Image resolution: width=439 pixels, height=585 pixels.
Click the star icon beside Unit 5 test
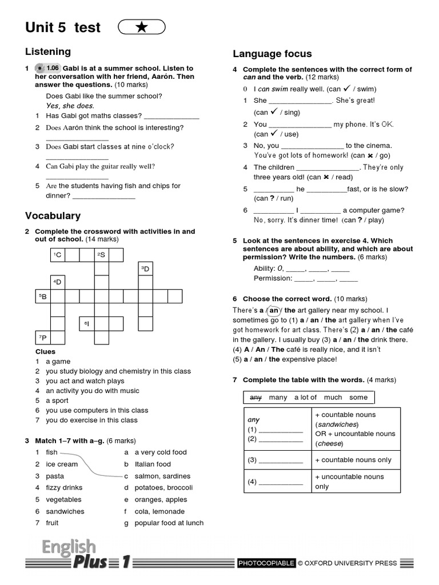(142, 27)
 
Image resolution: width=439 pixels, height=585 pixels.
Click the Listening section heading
(48, 51)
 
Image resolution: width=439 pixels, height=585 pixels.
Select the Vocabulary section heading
(53, 216)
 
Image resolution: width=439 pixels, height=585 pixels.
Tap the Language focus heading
(272, 54)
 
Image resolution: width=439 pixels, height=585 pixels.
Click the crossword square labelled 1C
(58, 254)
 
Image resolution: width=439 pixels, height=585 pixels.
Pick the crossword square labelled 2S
(101, 254)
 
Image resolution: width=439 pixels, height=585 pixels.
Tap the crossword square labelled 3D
(145, 269)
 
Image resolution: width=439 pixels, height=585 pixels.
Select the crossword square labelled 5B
(43, 296)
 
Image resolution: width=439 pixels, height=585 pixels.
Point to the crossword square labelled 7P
(43, 338)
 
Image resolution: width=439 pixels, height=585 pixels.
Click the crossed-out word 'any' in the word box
(256, 397)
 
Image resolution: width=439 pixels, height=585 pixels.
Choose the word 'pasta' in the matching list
(55, 476)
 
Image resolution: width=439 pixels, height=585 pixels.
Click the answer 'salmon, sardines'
(162, 476)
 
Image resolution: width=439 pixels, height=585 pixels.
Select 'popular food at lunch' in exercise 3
(169, 523)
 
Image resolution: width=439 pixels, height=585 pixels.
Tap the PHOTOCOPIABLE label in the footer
(267, 563)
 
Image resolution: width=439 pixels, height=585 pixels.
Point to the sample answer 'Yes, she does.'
(70, 106)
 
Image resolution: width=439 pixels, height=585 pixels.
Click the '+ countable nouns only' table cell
(353, 460)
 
